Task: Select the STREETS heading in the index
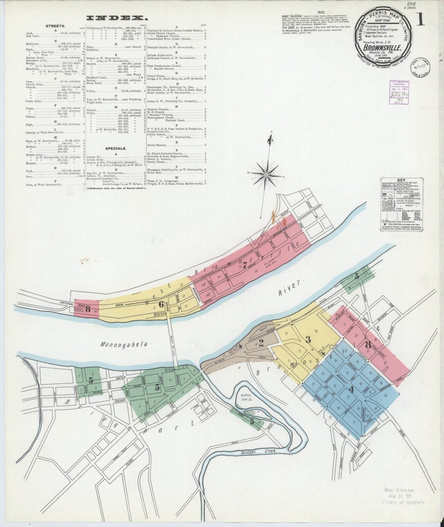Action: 53,26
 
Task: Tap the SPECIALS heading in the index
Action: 116,148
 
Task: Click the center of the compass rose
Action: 267,174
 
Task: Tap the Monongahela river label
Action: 124,344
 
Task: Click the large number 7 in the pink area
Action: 245,267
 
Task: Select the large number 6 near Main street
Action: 161,304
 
